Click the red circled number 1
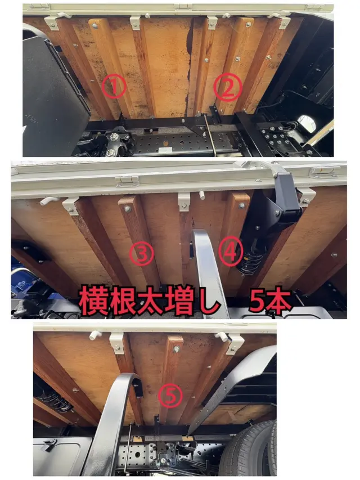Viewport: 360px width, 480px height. (x=114, y=87)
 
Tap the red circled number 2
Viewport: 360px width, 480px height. (x=227, y=87)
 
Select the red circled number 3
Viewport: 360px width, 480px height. (x=141, y=253)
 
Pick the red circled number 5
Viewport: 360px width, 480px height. (x=170, y=396)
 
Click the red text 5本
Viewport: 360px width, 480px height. (x=269, y=301)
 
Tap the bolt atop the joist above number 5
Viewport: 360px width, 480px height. (x=176, y=349)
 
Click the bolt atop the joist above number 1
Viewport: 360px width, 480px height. (x=95, y=26)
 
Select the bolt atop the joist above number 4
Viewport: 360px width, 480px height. (x=242, y=205)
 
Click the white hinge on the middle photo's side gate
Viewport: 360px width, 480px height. (x=128, y=181)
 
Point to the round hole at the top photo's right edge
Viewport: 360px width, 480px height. (x=307, y=123)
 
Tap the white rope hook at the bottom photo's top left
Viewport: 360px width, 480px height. (x=95, y=335)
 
